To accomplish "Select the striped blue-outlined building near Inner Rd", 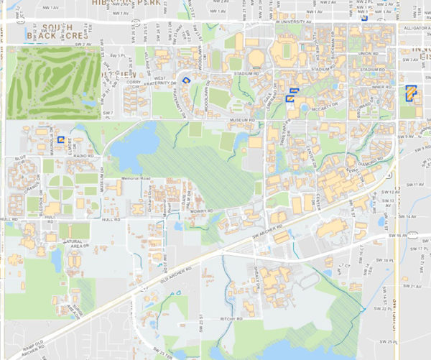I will click(x=411, y=93).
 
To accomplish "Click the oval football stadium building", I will click(x=286, y=52).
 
